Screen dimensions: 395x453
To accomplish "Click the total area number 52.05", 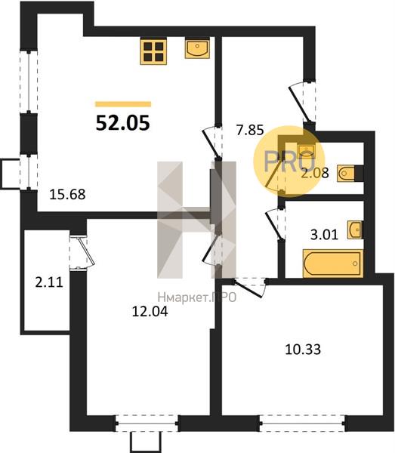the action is point(123,122).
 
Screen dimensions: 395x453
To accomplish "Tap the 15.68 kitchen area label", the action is point(67,194).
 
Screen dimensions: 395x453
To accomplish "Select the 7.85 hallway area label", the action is point(250,130).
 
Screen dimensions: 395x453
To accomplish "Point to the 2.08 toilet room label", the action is point(315,173).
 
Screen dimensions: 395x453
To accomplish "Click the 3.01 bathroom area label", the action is point(324,234).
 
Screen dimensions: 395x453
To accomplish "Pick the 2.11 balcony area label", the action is point(49,282).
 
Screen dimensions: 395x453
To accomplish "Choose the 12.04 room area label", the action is point(150,311).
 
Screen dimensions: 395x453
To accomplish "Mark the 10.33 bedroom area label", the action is point(303,350).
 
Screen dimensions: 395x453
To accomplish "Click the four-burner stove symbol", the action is point(153,51).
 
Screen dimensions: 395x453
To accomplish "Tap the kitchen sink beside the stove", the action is point(197,49).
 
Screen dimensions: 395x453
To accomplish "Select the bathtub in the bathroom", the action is point(332,263).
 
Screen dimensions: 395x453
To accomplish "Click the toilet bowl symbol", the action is point(346,174).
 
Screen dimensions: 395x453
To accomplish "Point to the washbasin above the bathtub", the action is point(355,230).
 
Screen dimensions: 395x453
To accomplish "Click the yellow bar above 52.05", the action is point(123,104).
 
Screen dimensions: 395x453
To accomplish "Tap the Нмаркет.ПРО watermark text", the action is point(197,297).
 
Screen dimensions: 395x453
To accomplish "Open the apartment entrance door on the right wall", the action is point(302,102).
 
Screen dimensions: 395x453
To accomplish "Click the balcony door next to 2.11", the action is point(82,252).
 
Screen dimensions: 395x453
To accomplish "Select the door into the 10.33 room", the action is point(250,287).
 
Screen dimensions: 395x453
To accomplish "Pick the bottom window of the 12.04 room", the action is point(147,424).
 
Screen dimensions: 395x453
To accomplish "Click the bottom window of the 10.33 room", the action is point(301,424).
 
